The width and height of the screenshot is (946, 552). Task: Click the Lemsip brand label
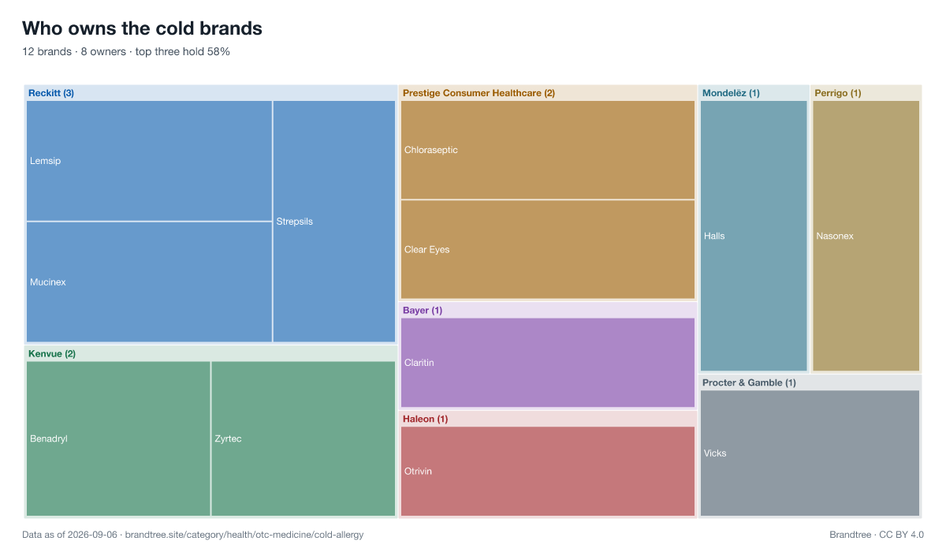[45, 161]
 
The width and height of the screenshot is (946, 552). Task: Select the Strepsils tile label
[294, 222]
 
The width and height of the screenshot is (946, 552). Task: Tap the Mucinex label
[48, 282]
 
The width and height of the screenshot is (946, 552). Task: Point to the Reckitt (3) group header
[51, 93]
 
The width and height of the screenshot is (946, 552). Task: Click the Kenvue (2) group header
[52, 353]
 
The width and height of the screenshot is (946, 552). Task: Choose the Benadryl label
[49, 438]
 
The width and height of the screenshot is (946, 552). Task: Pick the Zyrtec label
[228, 438]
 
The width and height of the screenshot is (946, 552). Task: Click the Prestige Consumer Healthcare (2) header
[479, 93]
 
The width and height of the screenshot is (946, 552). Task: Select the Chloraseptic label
[430, 150]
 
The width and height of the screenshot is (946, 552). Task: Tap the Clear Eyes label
[427, 250]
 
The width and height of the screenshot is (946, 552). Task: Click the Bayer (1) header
[423, 311]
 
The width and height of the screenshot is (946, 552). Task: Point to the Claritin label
[419, 363]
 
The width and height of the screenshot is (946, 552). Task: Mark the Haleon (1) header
[425, 419]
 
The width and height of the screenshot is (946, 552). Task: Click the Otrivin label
[418, 472]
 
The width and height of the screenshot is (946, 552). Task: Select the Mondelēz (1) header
[731, 93]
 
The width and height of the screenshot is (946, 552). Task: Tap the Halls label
[714, 236]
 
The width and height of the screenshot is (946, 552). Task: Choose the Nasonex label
[835, 236]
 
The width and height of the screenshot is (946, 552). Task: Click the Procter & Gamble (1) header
[749, 382]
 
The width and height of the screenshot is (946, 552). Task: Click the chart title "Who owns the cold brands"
[143, 28]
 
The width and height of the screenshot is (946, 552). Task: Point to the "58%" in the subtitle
[218, 51]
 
